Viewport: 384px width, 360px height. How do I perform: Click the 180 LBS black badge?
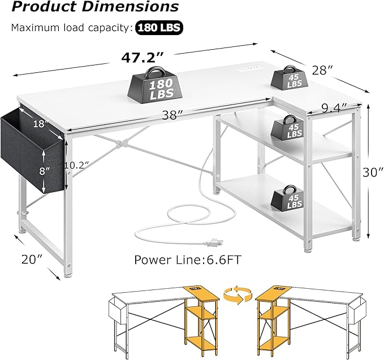(158, 27)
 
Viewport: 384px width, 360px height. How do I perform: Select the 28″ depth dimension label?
(322, 70)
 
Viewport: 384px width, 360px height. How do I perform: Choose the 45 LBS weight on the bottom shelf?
(288, 198)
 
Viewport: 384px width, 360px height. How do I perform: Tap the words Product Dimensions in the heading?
(94, 8)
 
